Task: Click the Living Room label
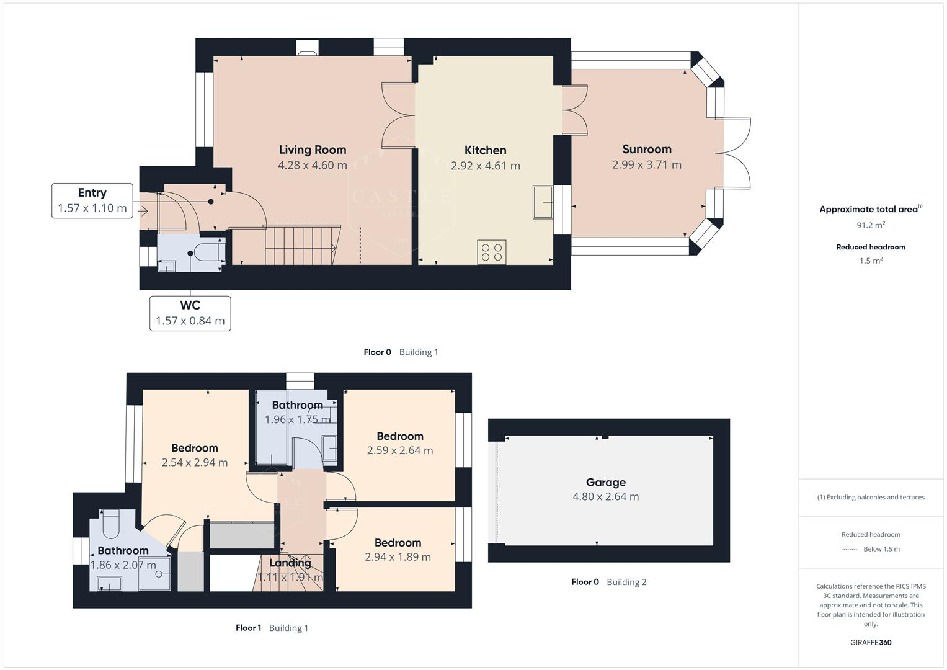point(312,150)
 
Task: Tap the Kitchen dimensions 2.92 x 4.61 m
point(485,166)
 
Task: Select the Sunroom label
point(646,149)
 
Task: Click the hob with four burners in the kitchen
point(491,252)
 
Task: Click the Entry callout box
point(92,200)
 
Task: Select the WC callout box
point(190,313)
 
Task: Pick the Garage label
point(605,482)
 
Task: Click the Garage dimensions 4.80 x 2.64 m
point(605,496)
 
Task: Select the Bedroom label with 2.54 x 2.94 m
point(194,448)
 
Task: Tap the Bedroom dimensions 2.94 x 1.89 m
point(398,557)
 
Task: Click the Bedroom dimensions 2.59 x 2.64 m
point(399,450)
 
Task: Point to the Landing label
point(290,563)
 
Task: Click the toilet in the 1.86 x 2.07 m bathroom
point(110,524)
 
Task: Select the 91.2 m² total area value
point(870,225)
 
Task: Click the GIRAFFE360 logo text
point(870,642)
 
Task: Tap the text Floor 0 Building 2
point(608,582)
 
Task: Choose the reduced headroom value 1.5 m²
point(870,261)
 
